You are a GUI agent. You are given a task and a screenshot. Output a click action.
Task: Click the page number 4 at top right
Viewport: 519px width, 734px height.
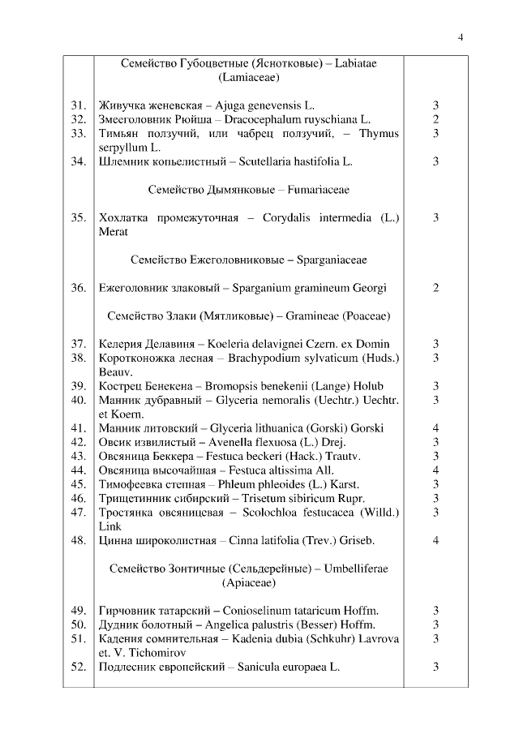[x=461, y=36]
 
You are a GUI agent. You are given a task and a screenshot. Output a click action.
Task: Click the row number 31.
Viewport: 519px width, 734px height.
[x=78, y=105]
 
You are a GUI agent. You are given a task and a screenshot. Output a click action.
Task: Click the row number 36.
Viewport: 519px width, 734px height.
[x=78, y=288]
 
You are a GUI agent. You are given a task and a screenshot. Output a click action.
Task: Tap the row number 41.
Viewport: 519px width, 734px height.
[x=78, y=428]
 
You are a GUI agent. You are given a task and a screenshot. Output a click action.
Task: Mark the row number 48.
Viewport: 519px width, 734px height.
[x=78, y=540]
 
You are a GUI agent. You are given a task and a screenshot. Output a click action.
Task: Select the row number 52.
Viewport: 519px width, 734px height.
[x=78, y=667]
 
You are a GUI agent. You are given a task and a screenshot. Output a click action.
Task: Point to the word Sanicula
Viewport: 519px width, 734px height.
[x=263, y=667]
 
